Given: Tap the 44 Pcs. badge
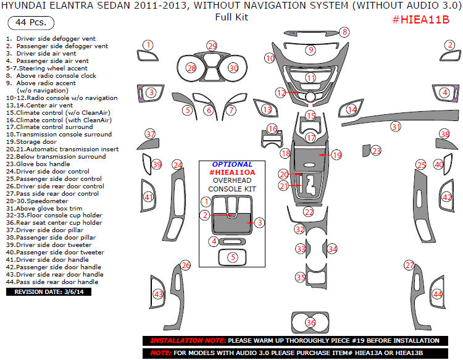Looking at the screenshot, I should pyautogui.click(x=30, y=23).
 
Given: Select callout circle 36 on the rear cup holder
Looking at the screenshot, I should pyautogui.click(x=311, y=322).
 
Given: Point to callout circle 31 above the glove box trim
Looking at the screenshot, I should pyautogui.click(x=396, y=127).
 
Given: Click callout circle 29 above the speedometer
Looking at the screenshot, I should pyautogui.click(x=212, y=46).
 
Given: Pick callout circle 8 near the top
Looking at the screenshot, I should pyautogui.click(x=344, y=32).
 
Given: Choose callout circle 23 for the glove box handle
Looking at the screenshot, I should pyautogui.click(x=376, y=150).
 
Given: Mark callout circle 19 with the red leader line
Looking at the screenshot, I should pyautogui.click(x=336, y=155).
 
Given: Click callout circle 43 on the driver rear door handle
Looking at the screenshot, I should pyautogui.click(x=159, y=295).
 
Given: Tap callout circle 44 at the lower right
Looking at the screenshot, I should pyautogui.click(x=438, y=295).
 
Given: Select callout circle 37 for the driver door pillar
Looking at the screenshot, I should pyautogui.click(x=150, y=133).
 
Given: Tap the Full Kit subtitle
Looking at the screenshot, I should pyautogui.click(x=231, y=17).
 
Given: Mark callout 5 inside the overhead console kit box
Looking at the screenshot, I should pyautogui.click(x=232, y=257).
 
